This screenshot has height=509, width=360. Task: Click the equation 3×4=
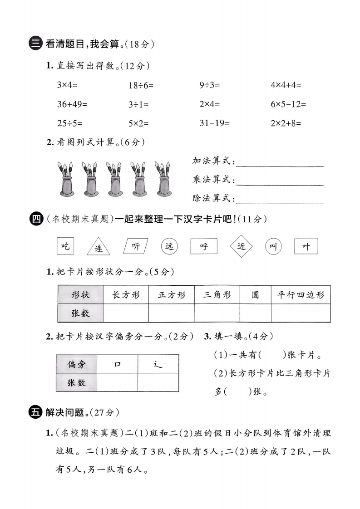click(67, 84)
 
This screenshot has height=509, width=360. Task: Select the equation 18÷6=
click(141, 85)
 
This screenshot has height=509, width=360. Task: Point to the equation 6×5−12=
click(288, 104)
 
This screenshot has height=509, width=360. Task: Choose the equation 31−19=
click(214, 123)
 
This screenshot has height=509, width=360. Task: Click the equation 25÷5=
click(70, 123)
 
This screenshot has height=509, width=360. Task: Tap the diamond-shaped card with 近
click(241, 246)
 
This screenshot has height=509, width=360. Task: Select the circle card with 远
click(169, 246)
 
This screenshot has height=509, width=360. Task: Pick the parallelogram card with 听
click(136, 246)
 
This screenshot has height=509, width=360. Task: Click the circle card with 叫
click(273, 246)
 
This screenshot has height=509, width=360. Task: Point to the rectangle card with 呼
click(204, 246)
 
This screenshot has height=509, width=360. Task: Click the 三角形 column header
click(217, 295)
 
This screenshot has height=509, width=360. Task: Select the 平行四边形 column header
click(301, 295)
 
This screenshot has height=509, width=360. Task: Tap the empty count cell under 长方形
click(126, 313)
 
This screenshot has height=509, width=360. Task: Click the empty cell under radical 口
click(117, 382)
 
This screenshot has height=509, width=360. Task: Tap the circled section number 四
click(35, 220)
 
